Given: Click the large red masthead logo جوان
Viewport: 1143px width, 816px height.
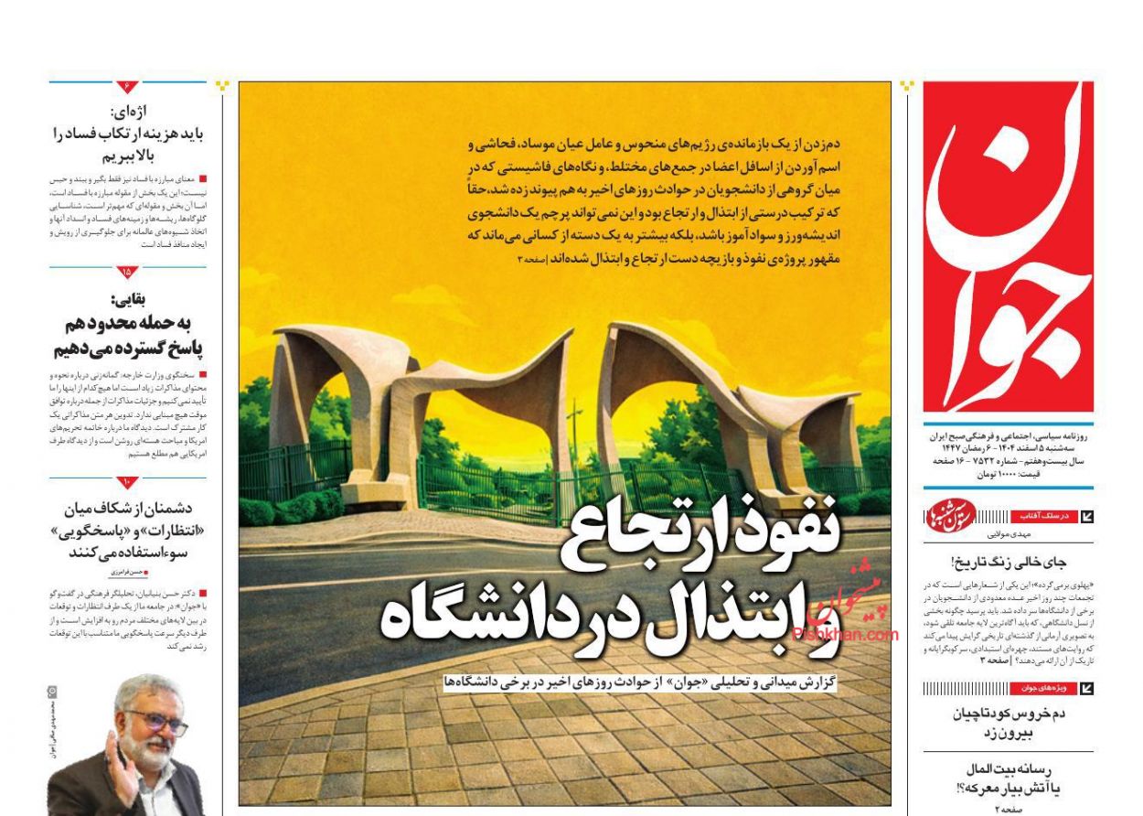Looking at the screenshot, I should point(1008,247).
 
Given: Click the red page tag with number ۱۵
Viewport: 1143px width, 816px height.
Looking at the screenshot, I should point(126,273).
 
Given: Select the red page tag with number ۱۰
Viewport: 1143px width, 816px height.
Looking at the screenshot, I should point(126,482).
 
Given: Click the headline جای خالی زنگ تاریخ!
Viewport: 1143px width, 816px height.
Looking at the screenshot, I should point(1008,563).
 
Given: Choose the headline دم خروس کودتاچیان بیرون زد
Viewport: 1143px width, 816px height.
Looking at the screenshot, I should point(1008,723).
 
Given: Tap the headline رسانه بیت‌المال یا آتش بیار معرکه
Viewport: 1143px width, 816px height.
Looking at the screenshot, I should point(1008,778).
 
